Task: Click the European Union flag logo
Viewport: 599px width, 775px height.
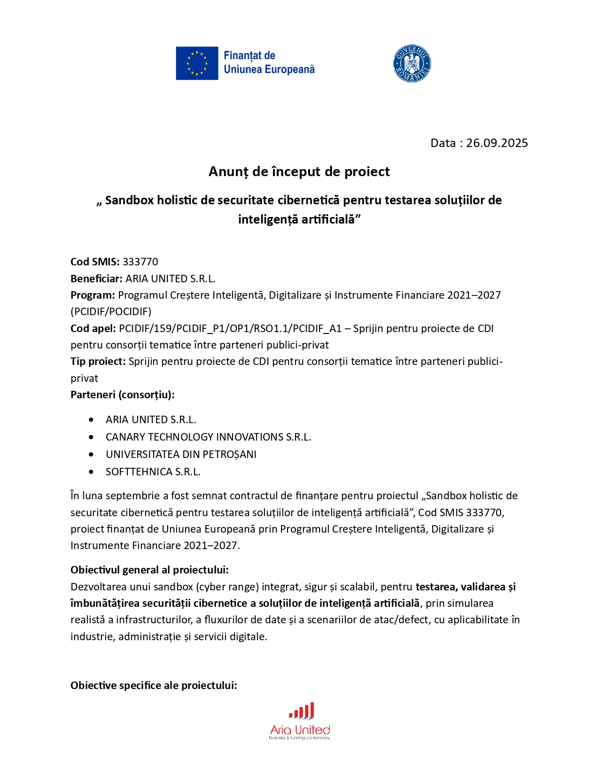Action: tap(197, 63)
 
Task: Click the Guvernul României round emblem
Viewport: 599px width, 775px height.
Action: tap(412, 63)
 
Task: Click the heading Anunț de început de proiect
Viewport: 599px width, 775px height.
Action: tap(299, 171)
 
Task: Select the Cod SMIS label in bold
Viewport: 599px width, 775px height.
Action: tap(95, 262)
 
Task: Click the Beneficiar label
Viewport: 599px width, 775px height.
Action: tap(96, 279)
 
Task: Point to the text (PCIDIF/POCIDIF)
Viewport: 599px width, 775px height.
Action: tap(111, 311)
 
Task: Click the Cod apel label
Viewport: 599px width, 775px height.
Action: tap(93, 328)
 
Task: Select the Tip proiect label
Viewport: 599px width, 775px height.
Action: tap(98, 361)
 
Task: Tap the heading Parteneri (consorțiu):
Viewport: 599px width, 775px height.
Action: tap(122, 395)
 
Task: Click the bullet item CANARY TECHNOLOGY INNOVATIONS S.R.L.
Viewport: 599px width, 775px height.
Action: tap(208, 437)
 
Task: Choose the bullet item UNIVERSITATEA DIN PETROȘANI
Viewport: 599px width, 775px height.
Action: tap(181, 454)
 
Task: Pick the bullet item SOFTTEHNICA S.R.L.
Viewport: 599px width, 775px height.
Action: tap(153, 472)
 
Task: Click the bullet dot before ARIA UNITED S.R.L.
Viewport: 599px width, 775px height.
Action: tap(91, 419)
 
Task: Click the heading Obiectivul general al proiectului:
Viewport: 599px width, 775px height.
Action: tap(149, 570)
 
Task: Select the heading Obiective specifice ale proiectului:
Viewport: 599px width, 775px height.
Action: tap(154, 685)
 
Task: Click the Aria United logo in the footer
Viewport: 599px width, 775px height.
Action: tap(300, 721)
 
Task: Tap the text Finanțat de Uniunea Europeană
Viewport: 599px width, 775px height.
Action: tap(269, 62)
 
